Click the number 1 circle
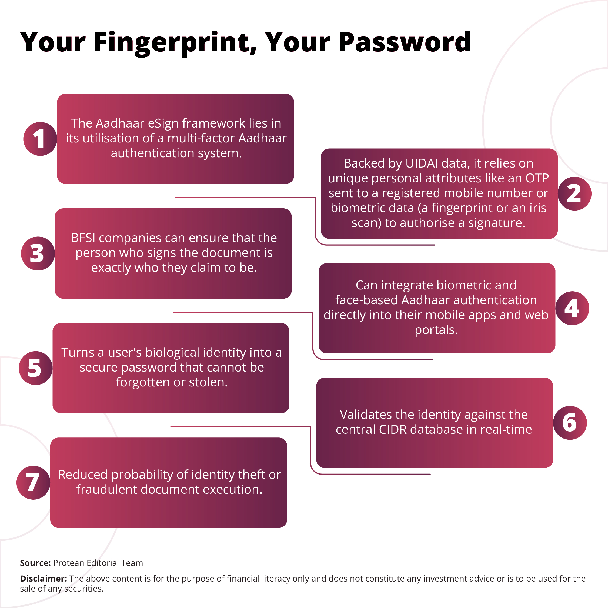pos(40,139)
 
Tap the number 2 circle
pos(574,193)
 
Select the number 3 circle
pos(38,253)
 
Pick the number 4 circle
pos(572,308)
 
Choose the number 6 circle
pos(570,423)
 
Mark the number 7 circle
pos(33,482)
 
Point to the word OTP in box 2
pos(537,178)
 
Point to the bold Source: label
pos(35,563)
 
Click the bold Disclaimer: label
pos(44,579)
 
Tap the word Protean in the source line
pos(68,563)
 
